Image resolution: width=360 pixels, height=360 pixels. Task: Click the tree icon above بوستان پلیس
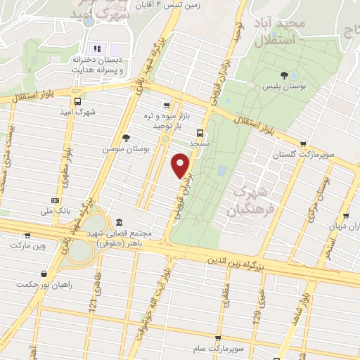284,75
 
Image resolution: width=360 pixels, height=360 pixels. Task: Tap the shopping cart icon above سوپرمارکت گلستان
302,143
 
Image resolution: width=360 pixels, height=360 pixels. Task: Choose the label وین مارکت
27,245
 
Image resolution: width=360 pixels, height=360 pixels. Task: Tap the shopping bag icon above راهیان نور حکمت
44,274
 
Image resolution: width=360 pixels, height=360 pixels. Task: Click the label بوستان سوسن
120,149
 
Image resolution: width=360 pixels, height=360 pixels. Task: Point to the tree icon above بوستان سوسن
125,138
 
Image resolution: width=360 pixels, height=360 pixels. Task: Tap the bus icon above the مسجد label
200,132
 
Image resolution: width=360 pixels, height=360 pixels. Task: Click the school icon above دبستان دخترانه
98,49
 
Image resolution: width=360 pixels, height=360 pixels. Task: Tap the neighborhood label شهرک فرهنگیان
245,200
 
